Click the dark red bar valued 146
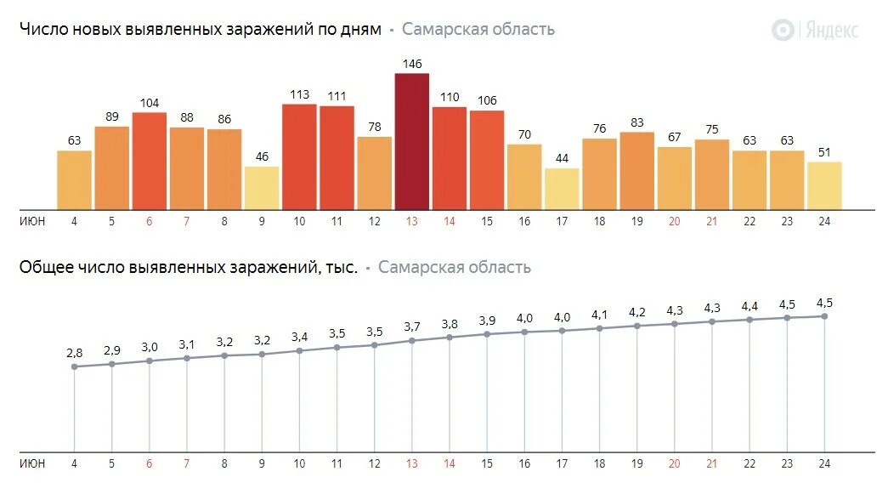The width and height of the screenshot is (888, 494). pyautogui.click(x=412, y=141)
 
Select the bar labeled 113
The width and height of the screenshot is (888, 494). pyautogui.click(x=299, y=156)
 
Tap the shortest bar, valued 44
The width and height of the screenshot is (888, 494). pyautogui.click(x=562, y=189)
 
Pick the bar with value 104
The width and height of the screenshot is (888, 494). pyautogui.click(x=150, y=161)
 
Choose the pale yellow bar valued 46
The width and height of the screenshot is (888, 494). pyautogui.click(x=262, y=188)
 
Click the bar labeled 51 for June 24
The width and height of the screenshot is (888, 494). pyautogui.click(x=824, y=185)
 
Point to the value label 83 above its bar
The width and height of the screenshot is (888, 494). pyautogui.click(x=637, y=122)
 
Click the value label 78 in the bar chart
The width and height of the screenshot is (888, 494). pyautogui.click(x=374, y=127)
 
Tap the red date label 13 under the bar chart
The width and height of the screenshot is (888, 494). pyautogui.click(x=412, y=222)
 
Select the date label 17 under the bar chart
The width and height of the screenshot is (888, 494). pyautogui.click(x=562, y=222)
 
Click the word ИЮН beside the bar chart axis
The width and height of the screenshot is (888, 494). pyautogui.click(x=32, y=222)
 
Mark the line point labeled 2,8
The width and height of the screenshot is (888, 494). pyautogui.click(x=75, y=366)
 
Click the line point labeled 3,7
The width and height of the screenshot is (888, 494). pyautogui.click(x=412, y=341)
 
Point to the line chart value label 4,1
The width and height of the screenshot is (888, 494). pyautogui.click(x=600, y=315)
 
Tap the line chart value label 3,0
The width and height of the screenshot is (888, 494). pyautogui.click(x=150, y=347)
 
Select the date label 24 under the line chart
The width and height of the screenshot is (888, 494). pyautogui.click(x=824, y=463)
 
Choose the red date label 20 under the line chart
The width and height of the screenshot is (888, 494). pyautogui.click(x=675, y=463)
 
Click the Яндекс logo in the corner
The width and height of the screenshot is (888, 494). pyautogui.click(x=815, y=30)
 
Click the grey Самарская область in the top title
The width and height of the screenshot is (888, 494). pyautogui.click(x=478, y=29)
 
